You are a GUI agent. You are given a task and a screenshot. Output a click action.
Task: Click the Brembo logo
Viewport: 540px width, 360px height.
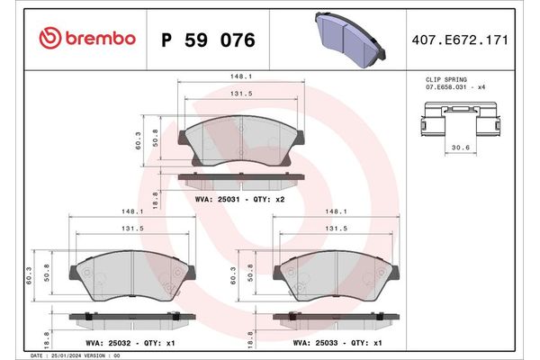click(x=88, y=39)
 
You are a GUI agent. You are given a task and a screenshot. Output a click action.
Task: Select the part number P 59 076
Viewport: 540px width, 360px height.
click(x=207, y=40)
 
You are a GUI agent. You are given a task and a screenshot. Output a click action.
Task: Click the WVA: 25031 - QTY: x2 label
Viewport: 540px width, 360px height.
click(x=239, y=198)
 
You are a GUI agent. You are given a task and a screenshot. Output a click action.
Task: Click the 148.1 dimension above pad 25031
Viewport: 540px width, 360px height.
click(x=240, y=76)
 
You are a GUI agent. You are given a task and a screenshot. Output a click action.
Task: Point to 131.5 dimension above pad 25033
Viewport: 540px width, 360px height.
click(x=337, y=229)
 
